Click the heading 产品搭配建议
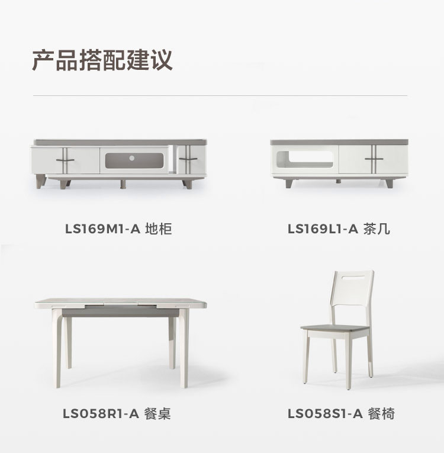102,60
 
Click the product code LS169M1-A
102,229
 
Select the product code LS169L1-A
323,229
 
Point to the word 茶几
377,229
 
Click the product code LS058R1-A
101,414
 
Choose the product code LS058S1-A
324,414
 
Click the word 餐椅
381,414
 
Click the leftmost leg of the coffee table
289,182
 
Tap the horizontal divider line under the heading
220,95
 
